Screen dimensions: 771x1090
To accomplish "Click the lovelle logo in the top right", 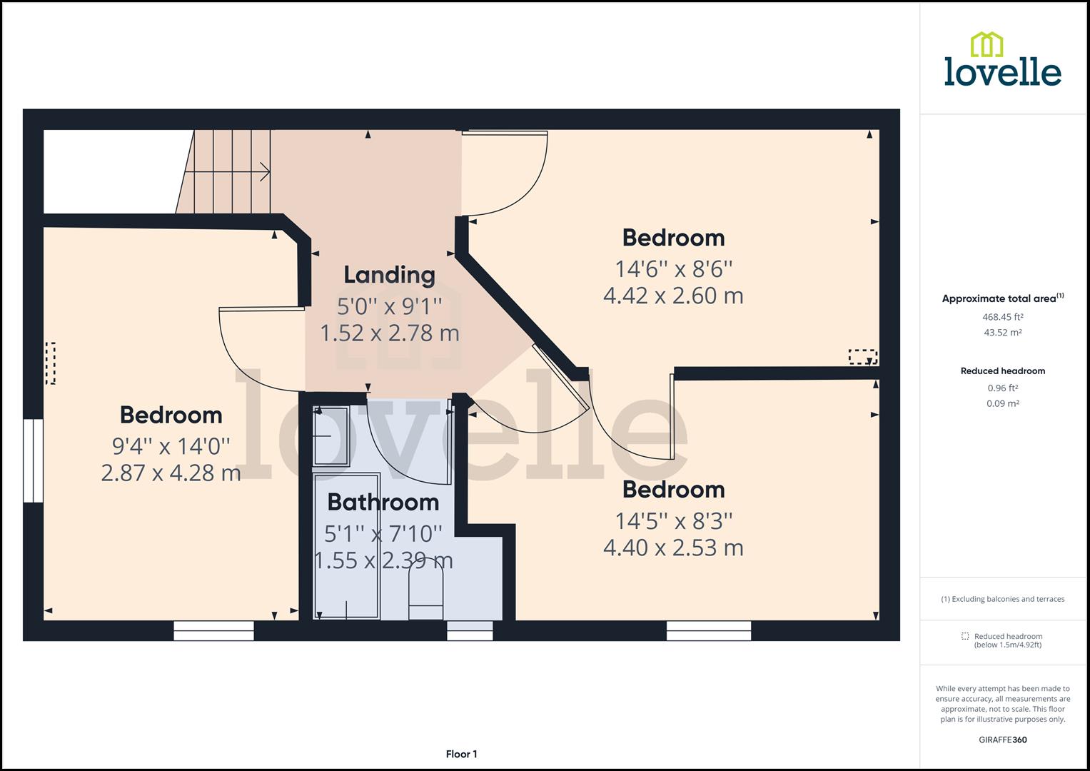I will tap(1002, 60).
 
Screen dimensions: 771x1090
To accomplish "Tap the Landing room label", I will tap(389, 275).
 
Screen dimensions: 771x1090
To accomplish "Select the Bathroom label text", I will tap(383, 503).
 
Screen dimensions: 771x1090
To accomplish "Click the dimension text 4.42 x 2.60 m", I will tap(673, 296).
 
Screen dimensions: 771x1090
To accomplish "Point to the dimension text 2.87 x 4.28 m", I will tap(171, 473).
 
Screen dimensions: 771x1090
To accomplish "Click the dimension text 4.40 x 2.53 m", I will tap(673, 548).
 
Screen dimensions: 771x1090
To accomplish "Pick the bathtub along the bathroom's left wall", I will tap(347, 546).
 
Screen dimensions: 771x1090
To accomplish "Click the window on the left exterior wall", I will tap(33, 460).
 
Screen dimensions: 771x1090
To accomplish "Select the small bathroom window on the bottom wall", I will tap(470, 630).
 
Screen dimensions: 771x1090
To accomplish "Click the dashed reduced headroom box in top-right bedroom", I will tap(862, 357).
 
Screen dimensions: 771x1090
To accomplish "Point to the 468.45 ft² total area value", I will tap(1002, 317).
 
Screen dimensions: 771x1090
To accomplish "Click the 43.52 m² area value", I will tap(1002, 333).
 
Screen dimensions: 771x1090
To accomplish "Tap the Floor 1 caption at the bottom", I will tap(461, 754).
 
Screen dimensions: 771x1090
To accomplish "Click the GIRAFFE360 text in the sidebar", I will tap(1002, 740).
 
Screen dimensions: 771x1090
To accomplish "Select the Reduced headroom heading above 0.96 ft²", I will tap(1002, 371).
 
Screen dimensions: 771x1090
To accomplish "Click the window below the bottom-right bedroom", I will tap(709, 630).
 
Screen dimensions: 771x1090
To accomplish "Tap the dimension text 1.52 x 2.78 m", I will tap(389, 333).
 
